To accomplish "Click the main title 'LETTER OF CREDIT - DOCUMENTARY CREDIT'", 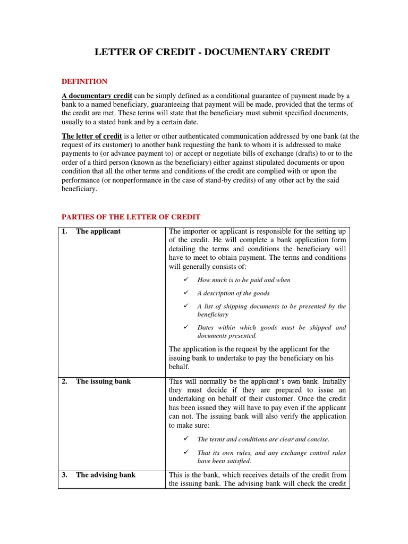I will pos(212,52).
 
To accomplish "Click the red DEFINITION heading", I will pos(84,82).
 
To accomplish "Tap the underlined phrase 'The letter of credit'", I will pos(92,137).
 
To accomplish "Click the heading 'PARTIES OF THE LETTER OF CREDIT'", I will pos(131,217).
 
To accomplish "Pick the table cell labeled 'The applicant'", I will pos(98,232).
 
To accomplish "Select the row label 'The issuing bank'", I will pos(103,382).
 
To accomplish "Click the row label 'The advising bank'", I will pos(105,475).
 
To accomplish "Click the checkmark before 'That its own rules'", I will pos(186,453).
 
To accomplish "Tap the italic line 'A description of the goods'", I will pos(233,293).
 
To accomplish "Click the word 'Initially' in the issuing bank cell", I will pos(334,382).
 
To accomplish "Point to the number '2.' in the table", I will pos(64,382).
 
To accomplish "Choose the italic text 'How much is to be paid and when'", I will pos(244,280).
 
